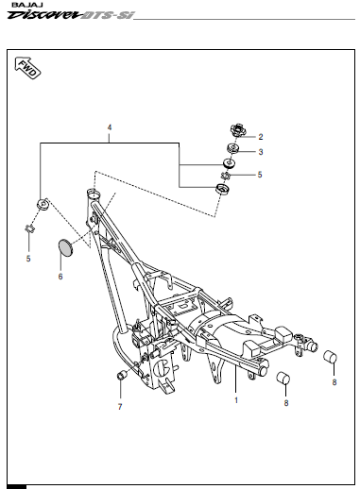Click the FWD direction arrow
27,68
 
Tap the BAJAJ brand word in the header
23,6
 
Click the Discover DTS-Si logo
71,15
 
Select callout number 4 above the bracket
110,127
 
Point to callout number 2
261,137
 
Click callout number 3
261,152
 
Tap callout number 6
60,277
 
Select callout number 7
120,407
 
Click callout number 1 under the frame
236,400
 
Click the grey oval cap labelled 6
66,247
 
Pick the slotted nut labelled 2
237,130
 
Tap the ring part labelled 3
233,148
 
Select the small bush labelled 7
122,375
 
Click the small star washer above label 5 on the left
29,228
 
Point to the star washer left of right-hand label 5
226,176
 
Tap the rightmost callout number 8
334,382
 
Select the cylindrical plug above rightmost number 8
330,356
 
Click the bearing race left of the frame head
43,204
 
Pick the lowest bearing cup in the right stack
222,189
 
